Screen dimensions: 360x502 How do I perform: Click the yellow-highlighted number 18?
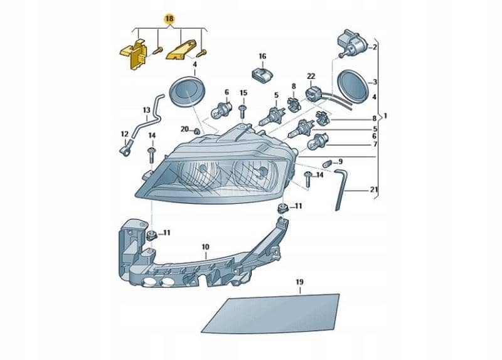tap(168, 19)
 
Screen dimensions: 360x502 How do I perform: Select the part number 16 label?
tap(262, 56)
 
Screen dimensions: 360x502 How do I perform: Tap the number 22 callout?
tap(311, 77)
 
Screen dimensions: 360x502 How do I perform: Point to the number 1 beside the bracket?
tap(385, 116)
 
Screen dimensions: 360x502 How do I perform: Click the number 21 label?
tap(374, 190)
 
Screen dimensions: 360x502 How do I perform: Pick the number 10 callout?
tap(205, 247)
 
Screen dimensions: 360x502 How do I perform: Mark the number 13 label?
tap(146, 110)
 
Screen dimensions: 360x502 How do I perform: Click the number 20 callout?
tap(184, 129)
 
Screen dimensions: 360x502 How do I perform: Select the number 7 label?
tap(374, 144)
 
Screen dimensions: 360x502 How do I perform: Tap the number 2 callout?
tap(374, 47)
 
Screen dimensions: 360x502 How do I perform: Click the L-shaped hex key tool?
tap(339, 185)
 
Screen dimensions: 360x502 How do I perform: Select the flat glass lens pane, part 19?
tap(270, 313)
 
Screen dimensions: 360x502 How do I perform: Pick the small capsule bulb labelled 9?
tap(326, 163)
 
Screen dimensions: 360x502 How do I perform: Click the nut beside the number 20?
tap(196, 131)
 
